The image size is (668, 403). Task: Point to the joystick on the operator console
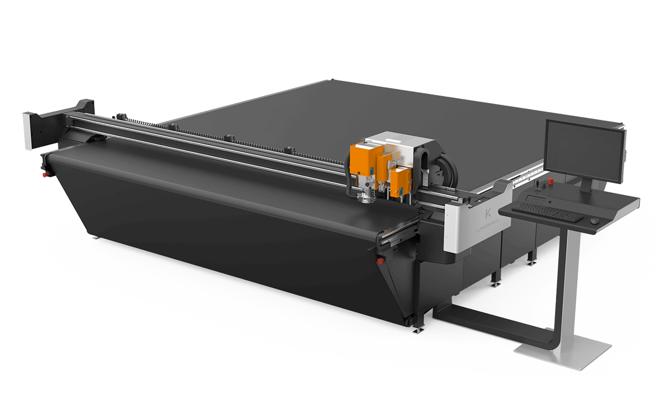(538, 184)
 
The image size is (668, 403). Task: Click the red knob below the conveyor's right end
(380, 260)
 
